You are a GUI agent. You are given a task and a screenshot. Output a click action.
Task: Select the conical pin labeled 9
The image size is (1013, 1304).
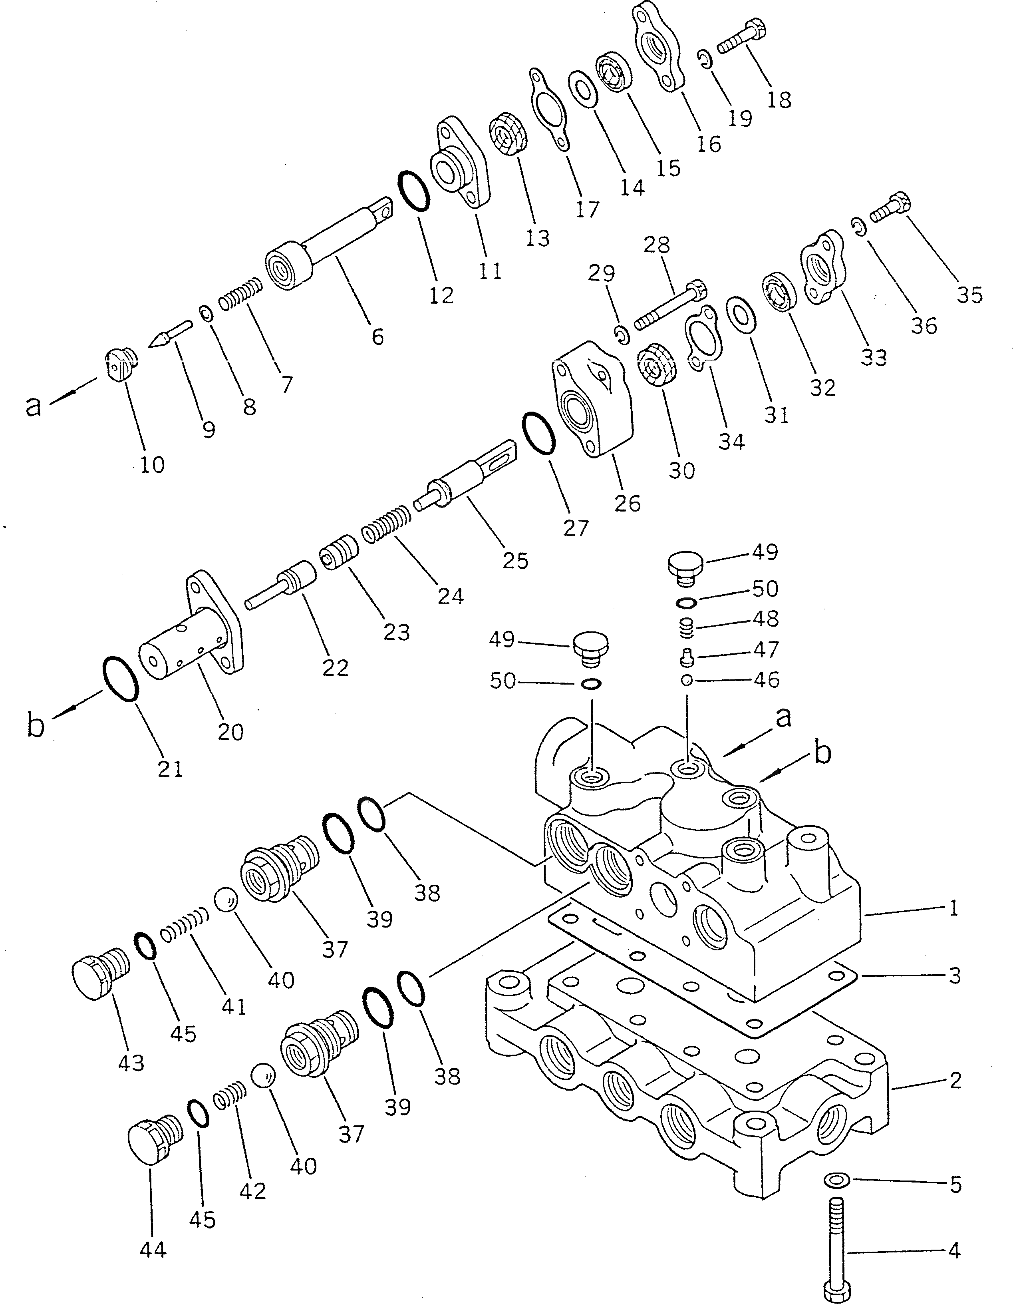click(169, 333)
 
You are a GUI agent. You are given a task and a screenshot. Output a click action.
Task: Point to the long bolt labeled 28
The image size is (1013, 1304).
click(670, 306)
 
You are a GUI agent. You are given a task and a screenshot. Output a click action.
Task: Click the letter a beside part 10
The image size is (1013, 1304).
click(34, 406)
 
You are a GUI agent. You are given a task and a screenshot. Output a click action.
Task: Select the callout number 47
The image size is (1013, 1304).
click(766, 649)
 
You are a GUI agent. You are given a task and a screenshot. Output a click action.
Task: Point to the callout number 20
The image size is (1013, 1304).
click(230, 731)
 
